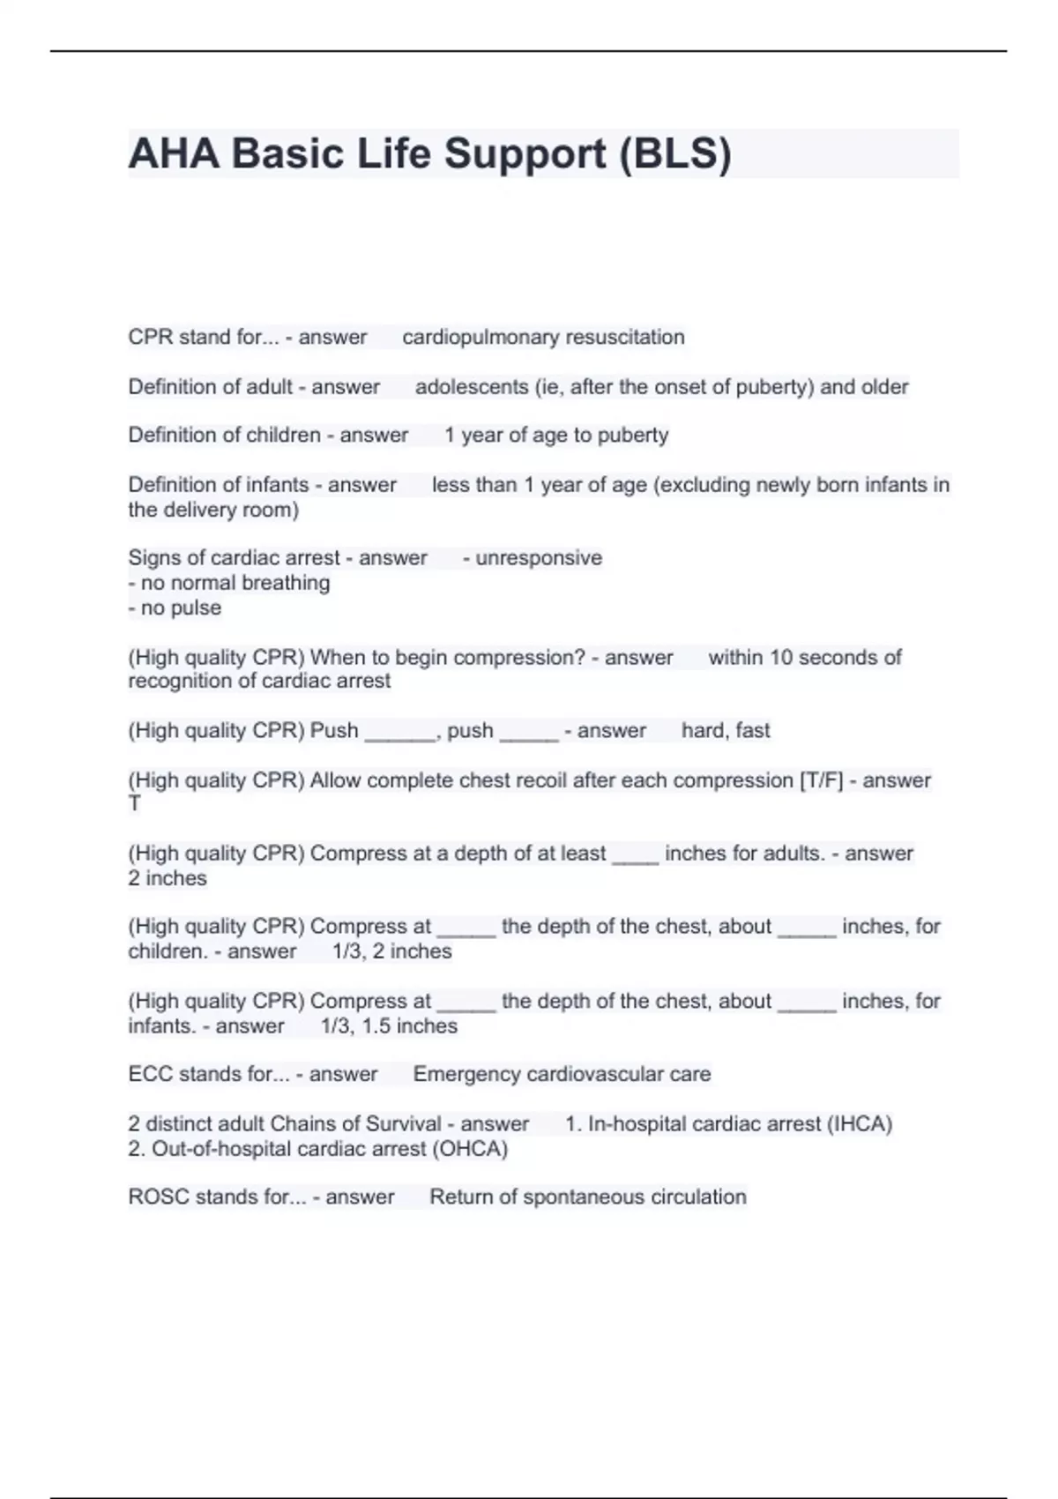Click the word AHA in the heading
(174, 154)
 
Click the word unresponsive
(539, 558)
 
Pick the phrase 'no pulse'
(180, 608)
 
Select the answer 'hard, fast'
(726, 731)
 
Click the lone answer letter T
(135, 803)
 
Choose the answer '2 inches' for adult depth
(168, 878)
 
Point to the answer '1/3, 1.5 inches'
(389, 1026)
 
